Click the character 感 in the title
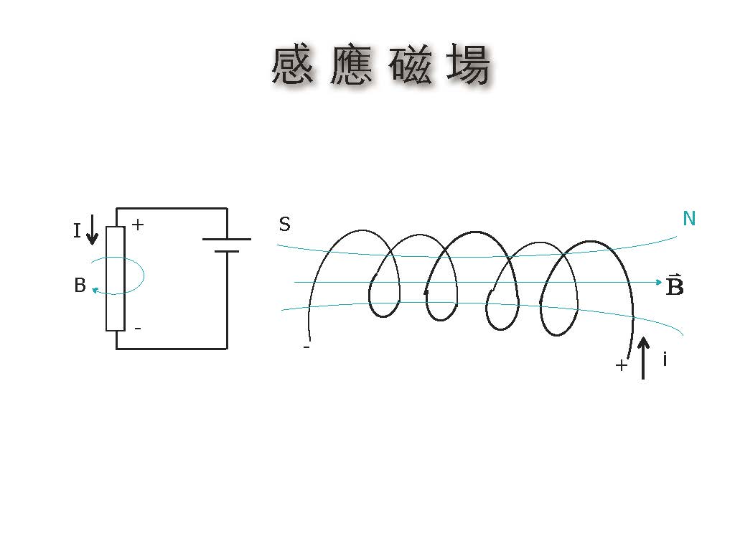click(x=293, y=67)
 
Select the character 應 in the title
click(x=352, y=67)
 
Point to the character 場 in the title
click(x=469, y=67)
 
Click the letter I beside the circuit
click(x=77, y=231)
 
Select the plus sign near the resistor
click(x=138, y=225)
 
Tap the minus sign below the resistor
click(x=137, y=329)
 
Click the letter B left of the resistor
click(x=80, y=286)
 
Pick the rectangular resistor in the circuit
click(x=116, y=278)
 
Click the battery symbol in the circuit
click(x=227, y=245)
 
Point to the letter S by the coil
click(x=284, y=225)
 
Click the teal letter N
click(x=689, y=219)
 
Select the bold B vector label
click(x=675, y=286)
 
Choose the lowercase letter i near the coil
click(x=665, y=359)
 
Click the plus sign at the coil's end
click(x=622, y=365)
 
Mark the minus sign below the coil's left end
click(x=306, y=347)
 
